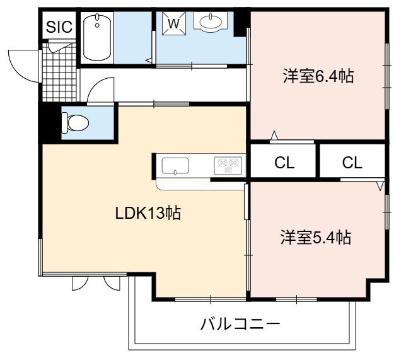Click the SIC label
point(59,26)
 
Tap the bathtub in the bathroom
point(97,38)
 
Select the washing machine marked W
point(174,23)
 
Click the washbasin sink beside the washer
point(211,22)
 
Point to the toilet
point(76,123)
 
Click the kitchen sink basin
point(175,166)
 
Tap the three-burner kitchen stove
point(228,166)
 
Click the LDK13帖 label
point(148,213)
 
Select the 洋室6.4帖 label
point(318,76)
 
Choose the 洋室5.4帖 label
point(316,237)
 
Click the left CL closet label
point(284,163)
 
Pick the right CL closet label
point(352,163)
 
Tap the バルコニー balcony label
point(240,324)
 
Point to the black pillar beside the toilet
point(50,123)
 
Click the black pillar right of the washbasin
point(241,23)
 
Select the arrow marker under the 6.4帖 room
point(274,136)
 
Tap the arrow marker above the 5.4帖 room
point(380,186)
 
